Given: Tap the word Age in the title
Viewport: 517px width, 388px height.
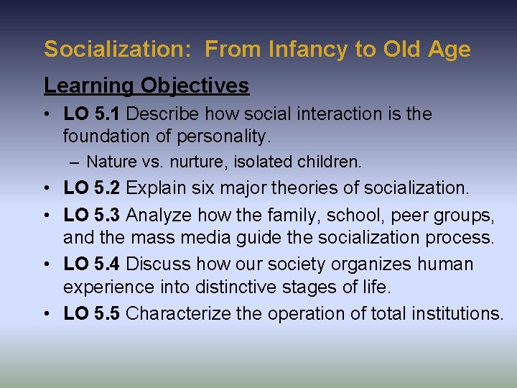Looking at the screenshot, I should [449, 50].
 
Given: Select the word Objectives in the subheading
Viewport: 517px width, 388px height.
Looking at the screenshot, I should [195, 86].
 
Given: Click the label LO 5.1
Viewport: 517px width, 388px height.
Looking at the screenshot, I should [93, 114].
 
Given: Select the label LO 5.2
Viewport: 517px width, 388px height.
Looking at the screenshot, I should [93, 188].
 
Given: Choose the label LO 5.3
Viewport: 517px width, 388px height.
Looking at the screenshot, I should [93, 216].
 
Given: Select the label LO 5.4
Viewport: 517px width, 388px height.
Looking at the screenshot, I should [93, 264].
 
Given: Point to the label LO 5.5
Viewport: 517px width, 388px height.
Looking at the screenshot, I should [93, 313].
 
